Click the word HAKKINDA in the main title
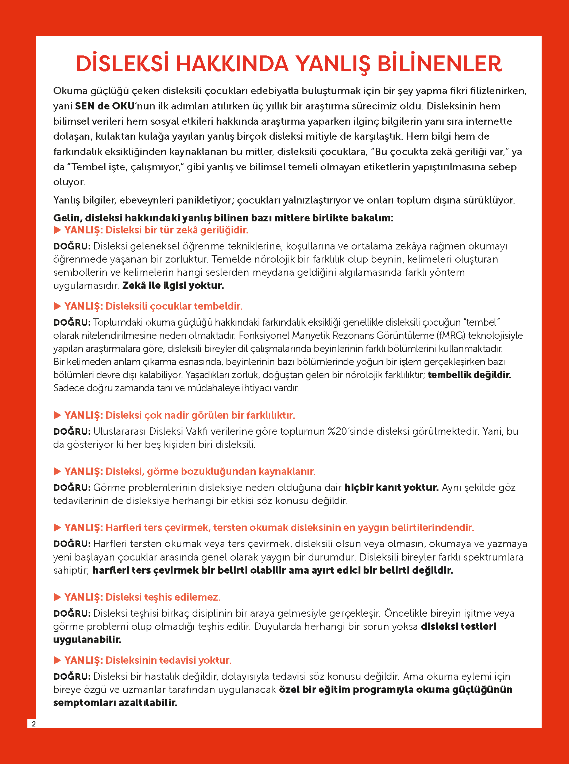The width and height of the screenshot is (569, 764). (x=232, y=64)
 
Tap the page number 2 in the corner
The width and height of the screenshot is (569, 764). (x=34, y=724)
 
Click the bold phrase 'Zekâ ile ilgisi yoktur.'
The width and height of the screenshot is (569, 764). (x=173, y=286)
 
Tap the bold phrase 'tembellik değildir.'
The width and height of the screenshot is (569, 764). (x=469, y=375)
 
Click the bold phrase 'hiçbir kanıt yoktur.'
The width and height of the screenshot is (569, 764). (x=391, y=488)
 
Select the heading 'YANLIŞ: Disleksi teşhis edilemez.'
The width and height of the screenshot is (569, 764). (x=142, y=597)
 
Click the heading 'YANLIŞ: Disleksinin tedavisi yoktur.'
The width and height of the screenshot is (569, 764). (x=148, y=660)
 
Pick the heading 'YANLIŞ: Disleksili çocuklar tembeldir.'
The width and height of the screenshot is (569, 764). (x=153, y=306)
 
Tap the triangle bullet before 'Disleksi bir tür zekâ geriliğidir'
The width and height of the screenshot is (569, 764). (x=57, y=230)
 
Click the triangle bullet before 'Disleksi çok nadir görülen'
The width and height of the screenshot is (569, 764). (x=57, y=415)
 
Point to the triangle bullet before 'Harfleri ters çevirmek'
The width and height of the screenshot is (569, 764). (x=57, y=527)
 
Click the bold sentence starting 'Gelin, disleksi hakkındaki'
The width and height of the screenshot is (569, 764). (x=223, y=218)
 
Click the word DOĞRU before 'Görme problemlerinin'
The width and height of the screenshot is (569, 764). (x=72, y=488)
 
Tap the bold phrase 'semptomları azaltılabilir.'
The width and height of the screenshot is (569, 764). (x=115, y=703)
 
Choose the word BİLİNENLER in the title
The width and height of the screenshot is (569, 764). (x=439, y=64)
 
